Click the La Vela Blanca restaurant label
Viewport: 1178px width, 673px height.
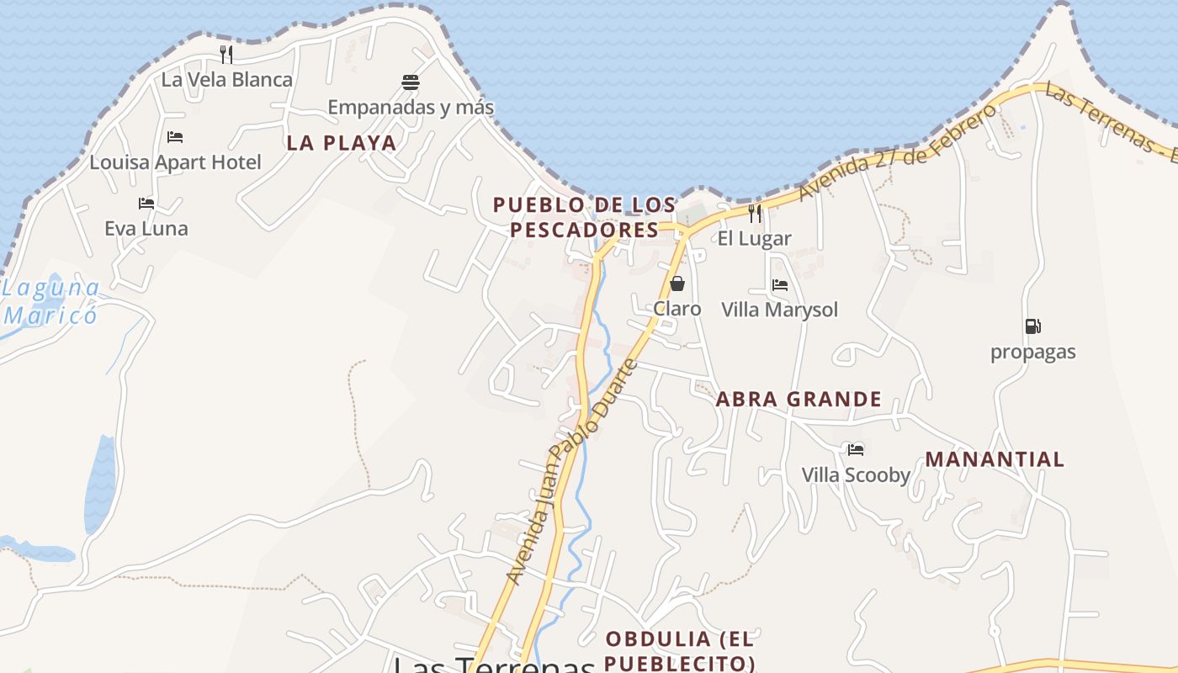coord(227,80)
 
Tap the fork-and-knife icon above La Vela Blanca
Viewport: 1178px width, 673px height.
coord(226,55)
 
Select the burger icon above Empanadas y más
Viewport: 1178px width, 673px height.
coord(411,82)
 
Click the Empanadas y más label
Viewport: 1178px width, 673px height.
coord(411,108)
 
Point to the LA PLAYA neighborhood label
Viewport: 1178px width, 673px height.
coord(341,143)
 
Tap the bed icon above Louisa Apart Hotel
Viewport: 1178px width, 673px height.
coord(175,137)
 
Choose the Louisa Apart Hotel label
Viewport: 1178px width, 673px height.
coord(176,162)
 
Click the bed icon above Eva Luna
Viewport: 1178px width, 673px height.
coord(146,204)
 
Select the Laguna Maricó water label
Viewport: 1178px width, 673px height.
coord(50,302)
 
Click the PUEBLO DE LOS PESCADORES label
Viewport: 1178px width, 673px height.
coord(584,217)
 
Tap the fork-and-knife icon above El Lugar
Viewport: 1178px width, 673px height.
coord(755,214)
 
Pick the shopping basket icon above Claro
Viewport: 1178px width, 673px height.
coord(677,284)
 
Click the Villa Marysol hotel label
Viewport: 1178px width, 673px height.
coord(780,310)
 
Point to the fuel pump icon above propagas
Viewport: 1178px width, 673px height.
coord(1032,326)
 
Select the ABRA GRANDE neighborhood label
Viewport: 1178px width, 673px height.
coord(799,400)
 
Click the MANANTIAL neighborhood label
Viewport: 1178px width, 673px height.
coord(995,459)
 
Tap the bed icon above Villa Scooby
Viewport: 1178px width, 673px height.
coord(856,450)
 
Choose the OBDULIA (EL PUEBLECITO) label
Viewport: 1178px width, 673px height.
coord(680,650)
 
